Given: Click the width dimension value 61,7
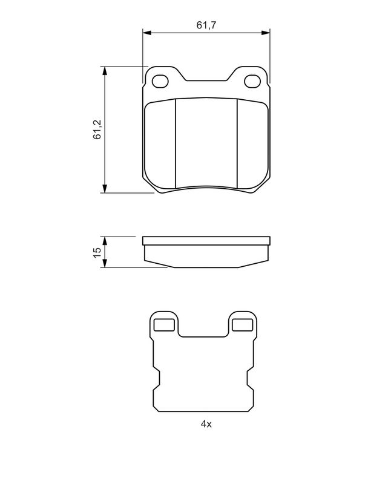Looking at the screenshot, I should (206, 25).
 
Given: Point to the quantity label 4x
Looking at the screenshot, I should (206, 424).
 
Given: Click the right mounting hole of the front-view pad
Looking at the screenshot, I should (252, 80).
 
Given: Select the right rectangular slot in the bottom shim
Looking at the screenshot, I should (242, 325).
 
